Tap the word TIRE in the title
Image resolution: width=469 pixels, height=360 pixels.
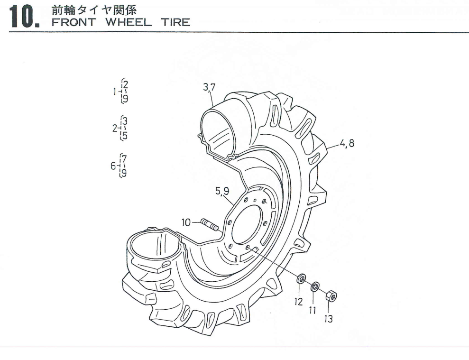point(175,22)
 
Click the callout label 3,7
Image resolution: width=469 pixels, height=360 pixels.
point(210,87)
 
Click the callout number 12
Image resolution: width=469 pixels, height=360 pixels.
point(298,301)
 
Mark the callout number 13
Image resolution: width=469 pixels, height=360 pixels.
point(328,319)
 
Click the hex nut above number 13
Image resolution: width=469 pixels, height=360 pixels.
point(331,297)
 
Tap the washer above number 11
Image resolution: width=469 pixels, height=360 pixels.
point(314,287)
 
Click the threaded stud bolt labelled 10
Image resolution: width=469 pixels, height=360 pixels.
point(210,225)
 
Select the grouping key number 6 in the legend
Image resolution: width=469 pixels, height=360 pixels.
point(113,166)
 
